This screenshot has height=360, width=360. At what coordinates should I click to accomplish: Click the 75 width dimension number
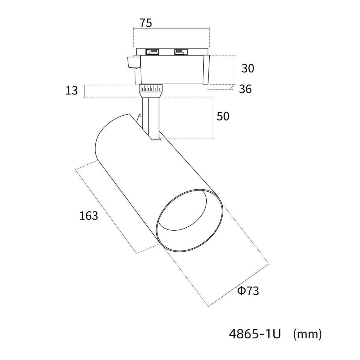coord(145,23)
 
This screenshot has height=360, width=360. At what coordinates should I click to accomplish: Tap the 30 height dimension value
coord(248,68)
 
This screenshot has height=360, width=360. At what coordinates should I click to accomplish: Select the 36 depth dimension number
coord(245,89)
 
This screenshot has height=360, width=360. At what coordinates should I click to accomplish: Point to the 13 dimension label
coord(72,90)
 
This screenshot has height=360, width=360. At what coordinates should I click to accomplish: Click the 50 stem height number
coord(223,116)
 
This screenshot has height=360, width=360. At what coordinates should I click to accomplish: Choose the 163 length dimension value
coord(88,215)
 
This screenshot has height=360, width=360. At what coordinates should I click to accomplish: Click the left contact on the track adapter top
coord(152,52)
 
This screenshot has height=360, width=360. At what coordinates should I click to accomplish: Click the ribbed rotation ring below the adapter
coord(150,88)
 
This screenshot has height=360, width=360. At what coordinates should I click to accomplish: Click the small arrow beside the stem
coord(139,117)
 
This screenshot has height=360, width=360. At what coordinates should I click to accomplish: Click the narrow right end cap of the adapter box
coord(206,70)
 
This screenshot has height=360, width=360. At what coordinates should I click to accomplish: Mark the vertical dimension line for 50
coord(213,118)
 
